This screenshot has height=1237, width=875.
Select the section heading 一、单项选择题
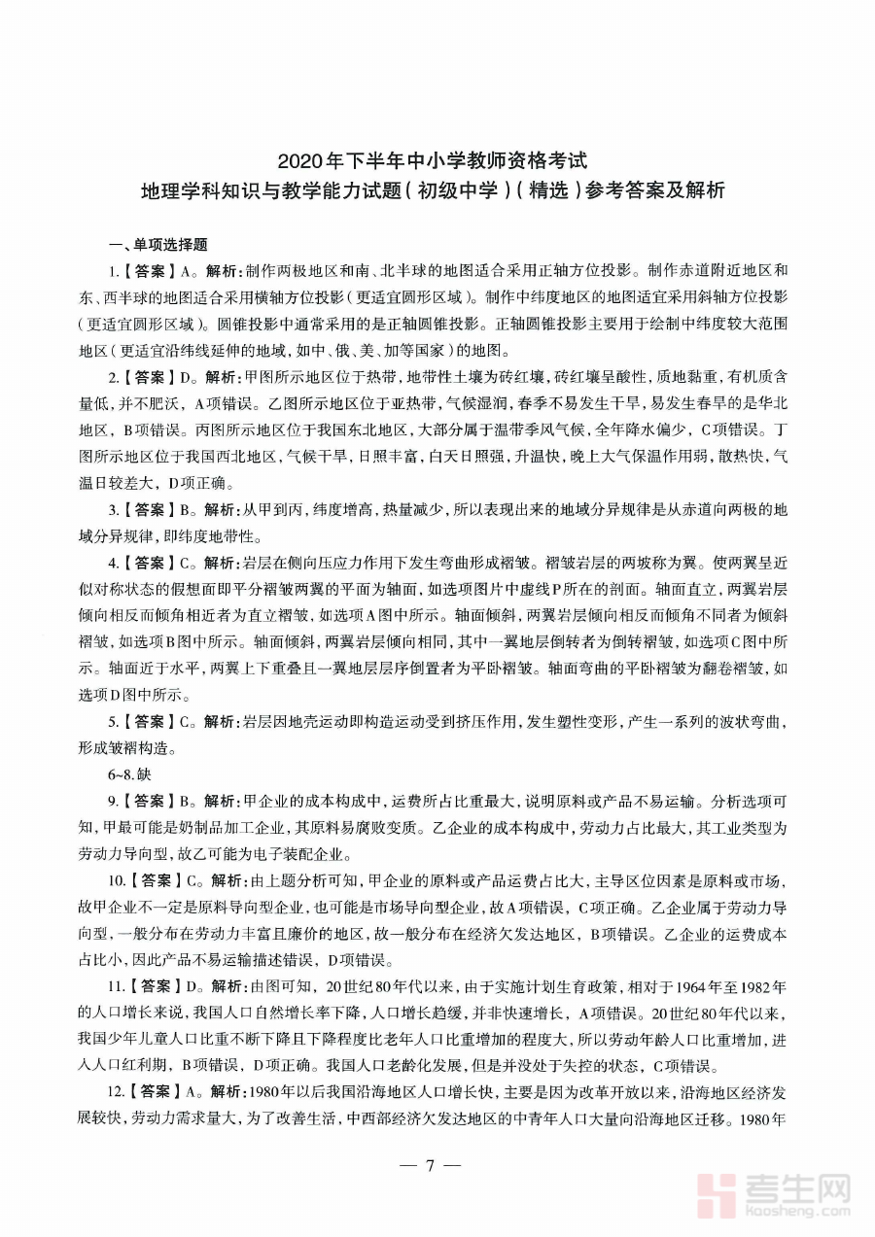(x=157, y=245)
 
